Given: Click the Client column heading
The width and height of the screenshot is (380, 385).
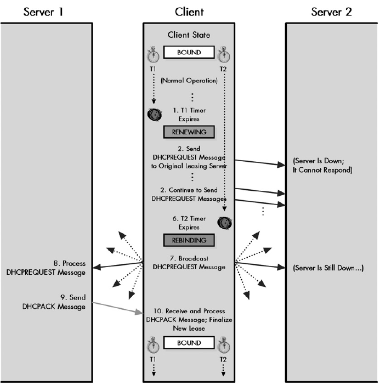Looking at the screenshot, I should pos(189,10).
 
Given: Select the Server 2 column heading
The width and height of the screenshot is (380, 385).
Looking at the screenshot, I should pos(331,10).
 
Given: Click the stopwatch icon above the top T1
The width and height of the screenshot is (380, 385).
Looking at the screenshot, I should pos(154,55).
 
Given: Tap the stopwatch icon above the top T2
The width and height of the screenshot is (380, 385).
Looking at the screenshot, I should pos(223,55).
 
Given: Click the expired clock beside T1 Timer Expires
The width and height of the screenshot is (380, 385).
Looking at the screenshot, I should pos(155,115).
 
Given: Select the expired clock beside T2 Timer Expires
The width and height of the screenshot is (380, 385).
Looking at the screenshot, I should pos(224,223).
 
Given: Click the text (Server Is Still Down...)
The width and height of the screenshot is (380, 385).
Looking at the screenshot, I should pos(328,268).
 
